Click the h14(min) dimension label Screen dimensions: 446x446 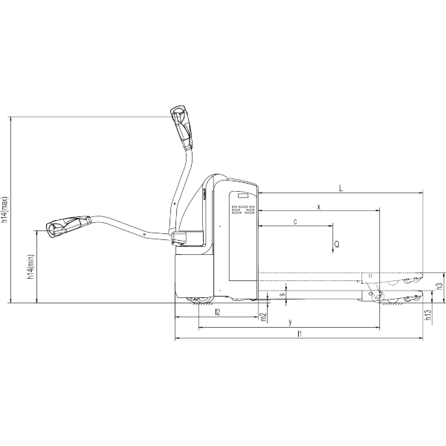coord(30,267)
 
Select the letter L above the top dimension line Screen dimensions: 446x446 coord(340,188)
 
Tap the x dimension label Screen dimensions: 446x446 coord(319,207)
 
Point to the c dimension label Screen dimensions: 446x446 coord(295,222)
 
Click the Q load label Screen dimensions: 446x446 coord(337,245)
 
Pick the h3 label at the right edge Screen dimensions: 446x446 coord(439,286)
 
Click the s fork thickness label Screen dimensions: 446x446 coord(282,294)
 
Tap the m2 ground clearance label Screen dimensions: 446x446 coord(263,317)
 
